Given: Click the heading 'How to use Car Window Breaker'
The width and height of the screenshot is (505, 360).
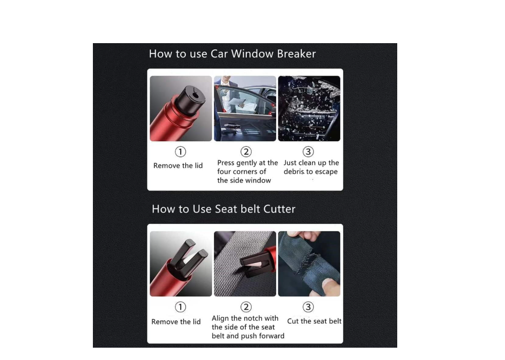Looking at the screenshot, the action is [232, 53].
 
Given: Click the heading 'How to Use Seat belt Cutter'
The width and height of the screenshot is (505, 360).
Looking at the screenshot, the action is [224, 209].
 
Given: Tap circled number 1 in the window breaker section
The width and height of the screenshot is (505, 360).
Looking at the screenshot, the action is [180, 152].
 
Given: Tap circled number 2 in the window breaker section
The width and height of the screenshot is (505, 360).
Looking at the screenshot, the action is [246, 152].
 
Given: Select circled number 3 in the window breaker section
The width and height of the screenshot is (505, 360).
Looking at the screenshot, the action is [308, 152].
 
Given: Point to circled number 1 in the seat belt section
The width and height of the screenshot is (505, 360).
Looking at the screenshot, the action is [180, 307].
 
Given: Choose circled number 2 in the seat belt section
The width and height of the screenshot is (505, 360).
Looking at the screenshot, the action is [246, 307].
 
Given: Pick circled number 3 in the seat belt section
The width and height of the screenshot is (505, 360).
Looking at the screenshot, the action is [308, 307].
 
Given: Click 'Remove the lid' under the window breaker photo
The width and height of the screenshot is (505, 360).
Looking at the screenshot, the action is [178, 166].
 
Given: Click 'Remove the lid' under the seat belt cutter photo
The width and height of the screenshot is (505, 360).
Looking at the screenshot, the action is [176, 321].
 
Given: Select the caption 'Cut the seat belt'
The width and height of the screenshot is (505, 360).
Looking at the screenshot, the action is [314, 321].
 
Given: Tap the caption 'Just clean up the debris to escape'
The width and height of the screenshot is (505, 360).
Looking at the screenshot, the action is [311, 167].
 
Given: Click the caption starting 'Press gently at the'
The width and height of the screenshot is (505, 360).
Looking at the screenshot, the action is [247, 172].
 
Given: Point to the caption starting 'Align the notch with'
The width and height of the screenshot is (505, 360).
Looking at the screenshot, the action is [248, 327].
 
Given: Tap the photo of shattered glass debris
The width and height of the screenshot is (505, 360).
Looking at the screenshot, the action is [309, 108].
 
